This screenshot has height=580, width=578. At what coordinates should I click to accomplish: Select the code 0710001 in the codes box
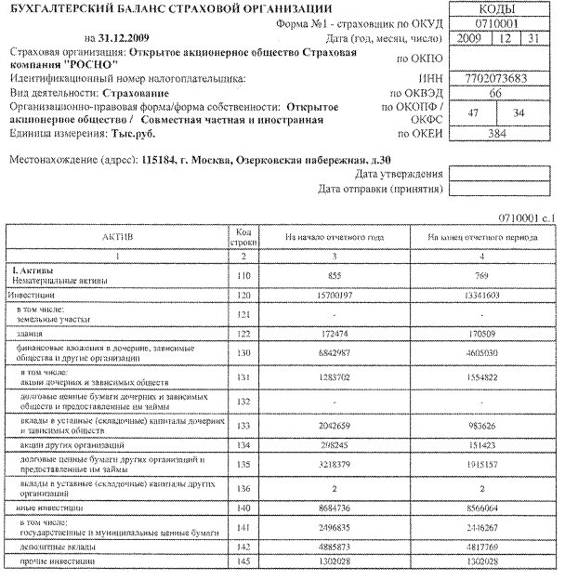[x=499, y=21]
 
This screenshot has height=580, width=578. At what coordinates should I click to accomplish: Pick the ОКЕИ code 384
[x=499, y=134]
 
